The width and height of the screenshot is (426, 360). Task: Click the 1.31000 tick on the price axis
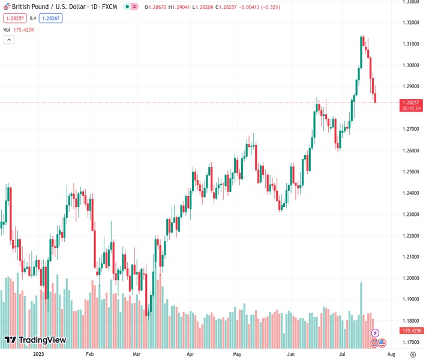click(410, 44)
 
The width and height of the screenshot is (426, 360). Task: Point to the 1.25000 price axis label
click(410, 172)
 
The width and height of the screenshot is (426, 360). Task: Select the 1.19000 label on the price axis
click(410, 299)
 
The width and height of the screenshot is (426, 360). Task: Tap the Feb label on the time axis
click(90, 354)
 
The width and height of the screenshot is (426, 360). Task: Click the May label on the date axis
click(236, 354)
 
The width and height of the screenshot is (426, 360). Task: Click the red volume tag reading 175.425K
click(412, 331)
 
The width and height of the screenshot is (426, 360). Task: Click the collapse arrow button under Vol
click(9, 40)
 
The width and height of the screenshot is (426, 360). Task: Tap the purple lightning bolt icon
click(376, 332)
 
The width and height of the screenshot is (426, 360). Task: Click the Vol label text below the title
click(7, 29)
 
